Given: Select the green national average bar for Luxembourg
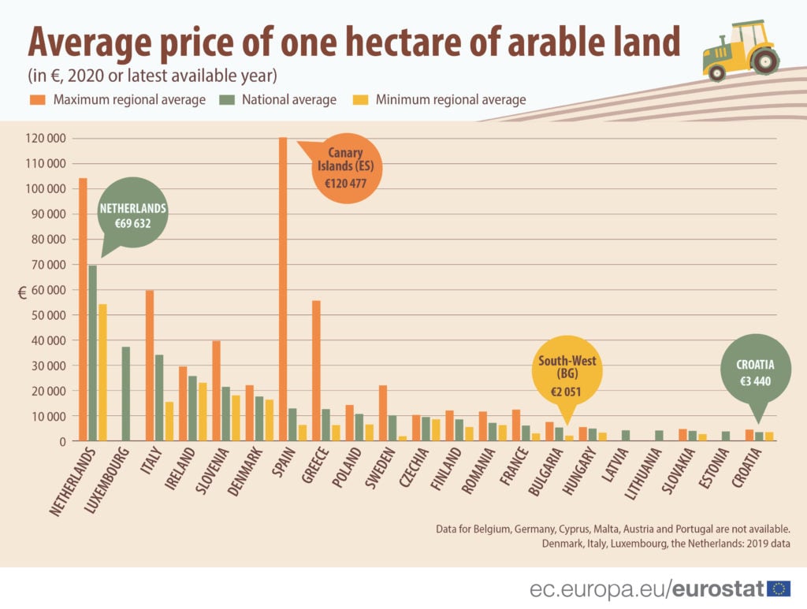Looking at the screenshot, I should pyautogui.click(x=126, y=393).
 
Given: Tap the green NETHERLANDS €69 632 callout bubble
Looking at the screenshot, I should pyautogui.click(x=132, y=216).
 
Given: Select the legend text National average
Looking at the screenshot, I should pyautogui.click(x=288, y=100).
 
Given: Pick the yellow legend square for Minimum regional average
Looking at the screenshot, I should pyautogui.click(x=359, y=100).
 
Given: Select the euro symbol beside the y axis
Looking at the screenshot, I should pyautogui.click(x=22, y=292).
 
